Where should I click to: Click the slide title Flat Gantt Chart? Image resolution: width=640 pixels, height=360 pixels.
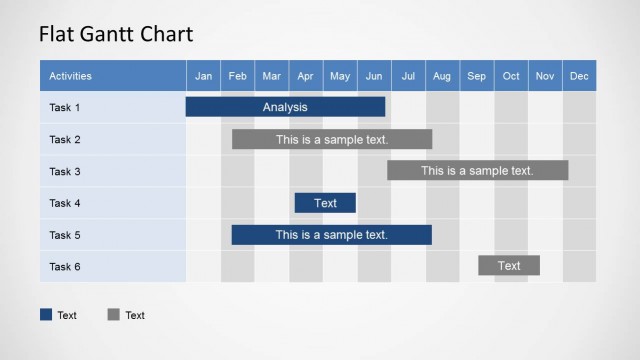tap(115, 34)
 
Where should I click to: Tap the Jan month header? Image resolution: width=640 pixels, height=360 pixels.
tap(203, 76)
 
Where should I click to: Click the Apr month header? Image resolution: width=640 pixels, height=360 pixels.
tap(306, 76)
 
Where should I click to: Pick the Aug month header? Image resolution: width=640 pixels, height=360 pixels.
tap(442, 76)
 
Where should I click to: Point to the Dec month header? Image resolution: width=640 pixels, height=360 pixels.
tap(579, 76)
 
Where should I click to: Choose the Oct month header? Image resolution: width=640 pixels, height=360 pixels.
tap(511, 76)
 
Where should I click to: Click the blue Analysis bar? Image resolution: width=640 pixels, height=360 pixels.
tap(285, 107)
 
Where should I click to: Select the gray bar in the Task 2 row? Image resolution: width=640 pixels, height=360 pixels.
tap(332, 139)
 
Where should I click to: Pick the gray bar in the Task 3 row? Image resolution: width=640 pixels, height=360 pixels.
tap(477, 171)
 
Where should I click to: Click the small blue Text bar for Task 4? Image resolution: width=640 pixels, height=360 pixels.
tap(325, 203)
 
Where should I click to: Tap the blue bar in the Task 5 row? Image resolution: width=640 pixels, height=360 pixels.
tap(331, 235)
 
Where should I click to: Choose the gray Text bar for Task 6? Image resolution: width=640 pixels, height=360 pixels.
tap(508, 266)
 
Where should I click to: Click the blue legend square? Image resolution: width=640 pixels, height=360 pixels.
tap(46, 315)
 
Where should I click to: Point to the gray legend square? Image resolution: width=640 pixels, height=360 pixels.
tap(113, 315)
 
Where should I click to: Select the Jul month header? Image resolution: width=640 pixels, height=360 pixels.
tap(408, 76)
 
